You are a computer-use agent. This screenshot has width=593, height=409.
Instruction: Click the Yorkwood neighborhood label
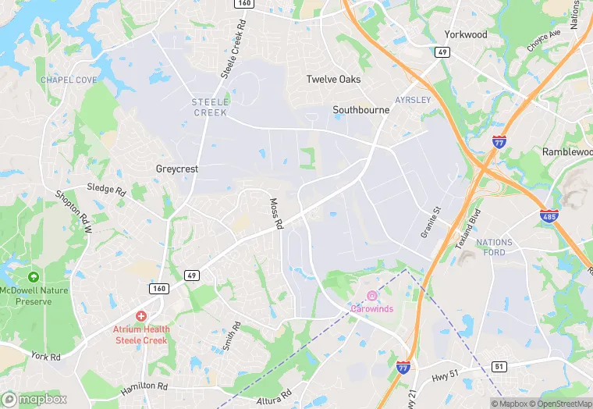[x=466, y=34]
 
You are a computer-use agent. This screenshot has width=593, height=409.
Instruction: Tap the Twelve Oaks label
[x=333, y=80]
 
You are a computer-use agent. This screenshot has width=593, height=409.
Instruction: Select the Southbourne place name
[x=360, y=110]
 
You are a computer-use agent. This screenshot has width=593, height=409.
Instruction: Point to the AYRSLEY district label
[x=413, y=101]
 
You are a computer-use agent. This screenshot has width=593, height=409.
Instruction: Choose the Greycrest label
[x=177, y=169]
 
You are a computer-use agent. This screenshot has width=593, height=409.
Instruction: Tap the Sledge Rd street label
[x=106, y=190]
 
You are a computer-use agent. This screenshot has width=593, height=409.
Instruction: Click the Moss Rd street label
[x=275, y=213]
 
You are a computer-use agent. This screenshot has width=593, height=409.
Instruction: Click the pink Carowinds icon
[x=372, y=295]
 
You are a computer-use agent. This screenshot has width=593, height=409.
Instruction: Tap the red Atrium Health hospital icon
[x=141, y=315]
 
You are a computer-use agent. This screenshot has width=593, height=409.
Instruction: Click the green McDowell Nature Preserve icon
[x=34, y=277]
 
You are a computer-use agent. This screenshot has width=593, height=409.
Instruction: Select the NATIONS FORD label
[x=495, y=247]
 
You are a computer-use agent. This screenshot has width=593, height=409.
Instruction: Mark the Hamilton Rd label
[x=144, y=387]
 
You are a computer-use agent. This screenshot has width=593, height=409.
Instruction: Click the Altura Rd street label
[x=274, y=397]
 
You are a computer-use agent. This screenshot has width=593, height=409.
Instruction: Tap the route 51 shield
[x=500, y=366]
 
